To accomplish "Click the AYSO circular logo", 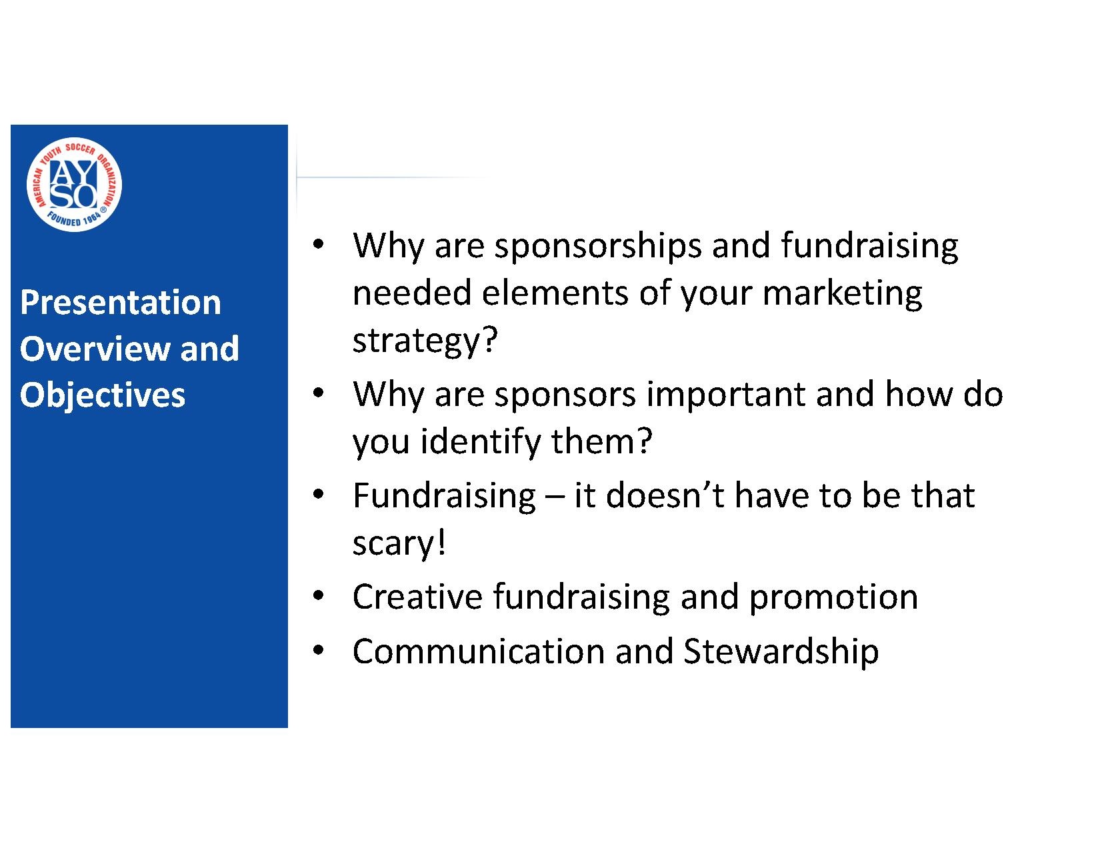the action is click(x=74, y=184).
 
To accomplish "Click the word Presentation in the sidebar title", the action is click(x=121, y=302).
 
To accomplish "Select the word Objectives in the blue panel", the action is click(x=102, y=395).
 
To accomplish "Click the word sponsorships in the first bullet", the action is click(x=598, y=247).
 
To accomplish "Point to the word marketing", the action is click(x=842, y=295).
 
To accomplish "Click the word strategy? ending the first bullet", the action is click(x=425, y=341).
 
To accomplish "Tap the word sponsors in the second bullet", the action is click(x=565, y=395).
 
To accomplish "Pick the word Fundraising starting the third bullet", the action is click(x=444, y=495).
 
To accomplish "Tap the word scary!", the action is click(x=399, y=544).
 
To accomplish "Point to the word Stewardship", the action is click(x=781, y=651).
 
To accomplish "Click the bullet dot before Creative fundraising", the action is click(x=318, y=595).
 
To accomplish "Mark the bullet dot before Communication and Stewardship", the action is click(x=318, y=650).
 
